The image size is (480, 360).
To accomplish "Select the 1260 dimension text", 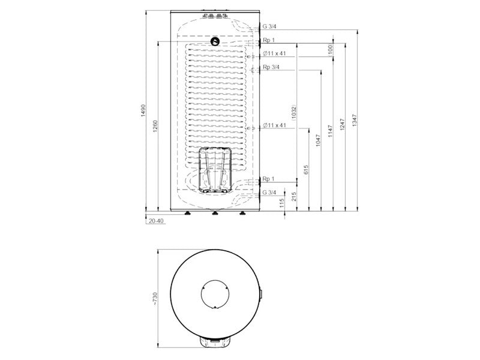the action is click(x=155, y=126).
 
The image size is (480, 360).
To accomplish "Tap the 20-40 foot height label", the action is click(x=156, y=221).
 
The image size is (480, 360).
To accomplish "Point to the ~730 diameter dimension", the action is click(x=155, y=299).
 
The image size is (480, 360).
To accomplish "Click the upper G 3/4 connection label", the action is click(x=269, y=26).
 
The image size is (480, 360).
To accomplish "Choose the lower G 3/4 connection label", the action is click(x=269, y=193).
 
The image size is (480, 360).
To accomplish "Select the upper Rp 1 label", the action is click(x=269, y=40).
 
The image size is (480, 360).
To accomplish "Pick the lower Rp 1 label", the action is click(x=269, y=179).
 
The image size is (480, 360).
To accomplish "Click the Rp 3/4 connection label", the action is click(x=271, y=67).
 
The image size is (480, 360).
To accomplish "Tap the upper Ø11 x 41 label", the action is click(x=274, y=53).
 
